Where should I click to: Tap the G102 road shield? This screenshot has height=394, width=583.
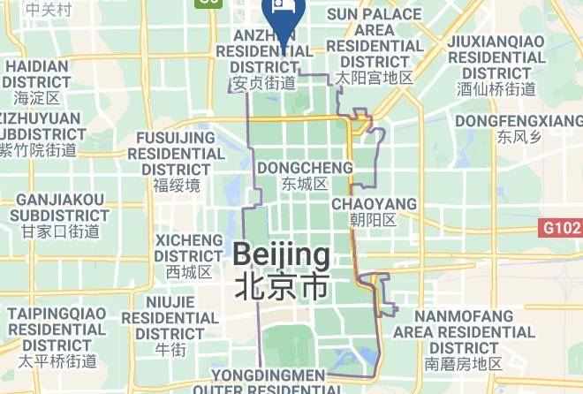click(561, 228)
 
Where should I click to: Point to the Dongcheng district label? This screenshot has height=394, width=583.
click(304, 168)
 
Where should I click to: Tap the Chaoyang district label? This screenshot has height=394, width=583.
click(373, 204)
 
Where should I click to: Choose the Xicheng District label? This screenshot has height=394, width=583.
click(189, 247)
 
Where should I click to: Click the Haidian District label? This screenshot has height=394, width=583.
click(36, 73)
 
